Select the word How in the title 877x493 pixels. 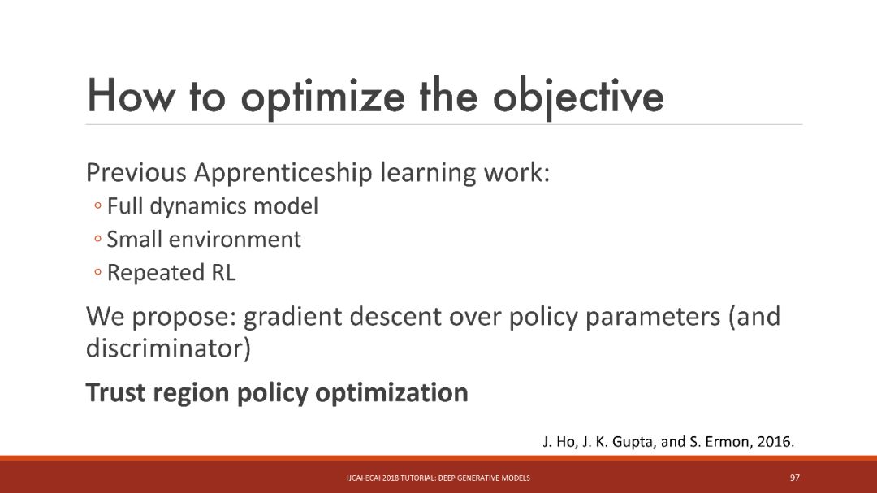point(130,96)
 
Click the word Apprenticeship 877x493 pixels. point(283,173)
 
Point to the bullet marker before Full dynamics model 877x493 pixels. point(98,206)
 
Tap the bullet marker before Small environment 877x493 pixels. point(98,240)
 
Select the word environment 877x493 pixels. point(235,240)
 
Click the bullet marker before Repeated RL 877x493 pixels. point(98,273)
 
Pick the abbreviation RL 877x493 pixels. point(223,273)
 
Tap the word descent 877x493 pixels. point(396,317)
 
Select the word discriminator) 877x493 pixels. point(168,348)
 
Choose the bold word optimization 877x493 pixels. point(391,393)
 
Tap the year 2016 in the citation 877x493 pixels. point(774,442)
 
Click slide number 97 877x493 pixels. point(795,478)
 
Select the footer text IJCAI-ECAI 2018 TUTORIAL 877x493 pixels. point(391,478)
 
